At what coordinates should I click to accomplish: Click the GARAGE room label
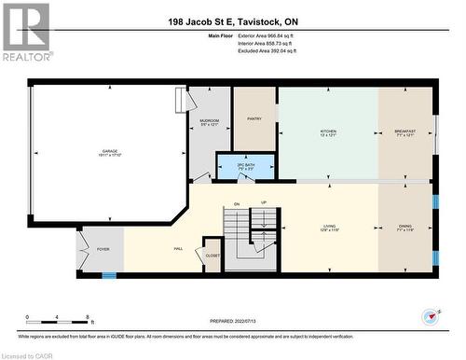tap(110, 151)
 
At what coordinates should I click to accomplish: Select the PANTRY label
tap(254, 118)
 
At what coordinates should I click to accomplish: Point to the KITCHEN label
tap(328, 132)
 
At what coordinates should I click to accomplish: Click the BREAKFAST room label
tap(404, 132)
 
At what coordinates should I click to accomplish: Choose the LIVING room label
tap(328, 227)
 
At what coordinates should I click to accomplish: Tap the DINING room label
tap(404, 227)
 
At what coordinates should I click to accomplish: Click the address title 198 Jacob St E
tap(233, 21)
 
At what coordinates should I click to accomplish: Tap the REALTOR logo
tap(25, 32)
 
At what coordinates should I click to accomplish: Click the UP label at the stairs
tap(264, 203)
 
